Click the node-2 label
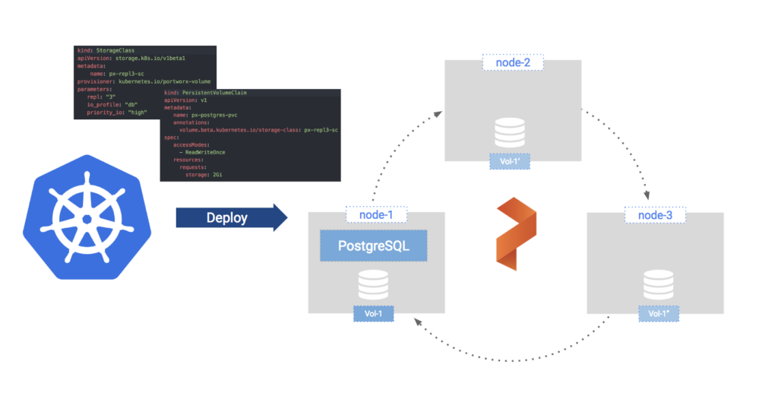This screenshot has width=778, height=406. [512, 62]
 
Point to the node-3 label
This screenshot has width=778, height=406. [654, 215]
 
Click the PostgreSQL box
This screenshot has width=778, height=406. [373, 246]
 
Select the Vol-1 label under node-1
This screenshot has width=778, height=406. [373, 313]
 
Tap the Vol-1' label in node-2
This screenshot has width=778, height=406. [511, 161]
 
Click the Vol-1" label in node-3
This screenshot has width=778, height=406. [659, 313]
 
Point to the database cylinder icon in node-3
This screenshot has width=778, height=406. [658, 284]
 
